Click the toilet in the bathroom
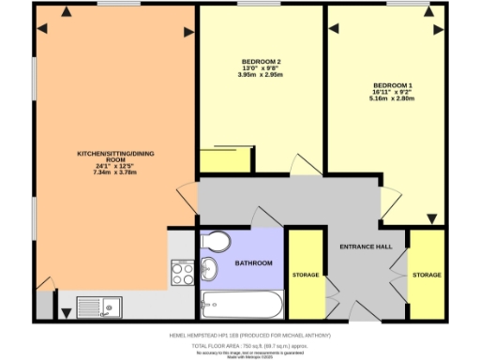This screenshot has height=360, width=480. tap(216, 242)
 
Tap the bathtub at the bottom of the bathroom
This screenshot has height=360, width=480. tap(241, 305)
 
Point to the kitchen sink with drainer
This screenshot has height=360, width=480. tap(99, 306)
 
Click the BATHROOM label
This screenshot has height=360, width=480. tap(253, 263)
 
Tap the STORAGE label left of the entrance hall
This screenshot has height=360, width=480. tap(306, 277)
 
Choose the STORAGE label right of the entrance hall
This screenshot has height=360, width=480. tap(427, 275)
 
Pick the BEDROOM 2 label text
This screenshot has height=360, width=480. tap(262, 63)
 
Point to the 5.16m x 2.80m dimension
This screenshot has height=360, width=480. tap(390, 97)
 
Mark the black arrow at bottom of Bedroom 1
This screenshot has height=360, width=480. tap(432, 218)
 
